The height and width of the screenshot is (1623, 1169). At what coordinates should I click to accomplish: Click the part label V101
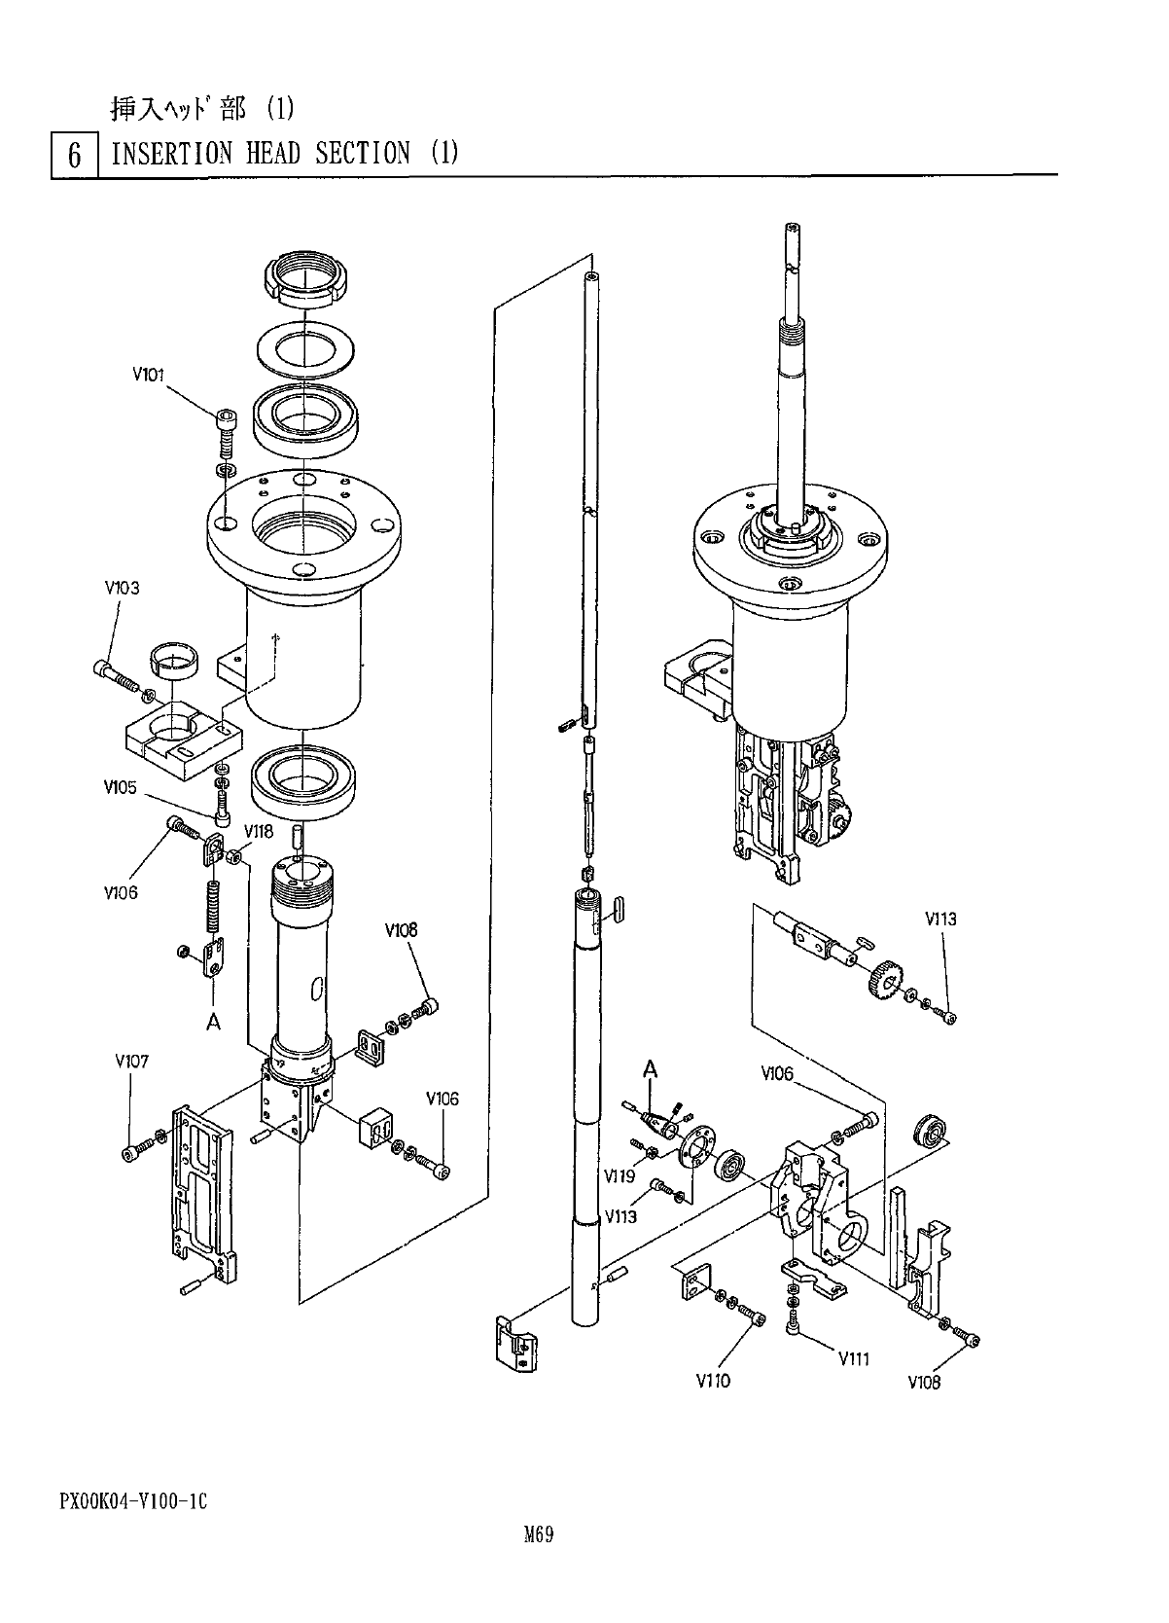(148, 375)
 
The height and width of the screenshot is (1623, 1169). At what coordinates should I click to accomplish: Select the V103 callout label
(123, 588)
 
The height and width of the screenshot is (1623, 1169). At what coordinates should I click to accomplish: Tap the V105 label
(120, 787)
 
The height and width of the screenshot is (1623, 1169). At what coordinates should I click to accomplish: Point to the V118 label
(259, 831)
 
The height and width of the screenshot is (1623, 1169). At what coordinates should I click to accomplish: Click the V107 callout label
(132, 1062)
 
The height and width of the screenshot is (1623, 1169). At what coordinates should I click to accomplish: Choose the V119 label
(620, 1176)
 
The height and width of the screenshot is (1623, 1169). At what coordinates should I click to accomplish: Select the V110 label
(714, 1381)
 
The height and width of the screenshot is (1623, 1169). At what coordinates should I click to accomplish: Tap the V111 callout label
(854, 1359)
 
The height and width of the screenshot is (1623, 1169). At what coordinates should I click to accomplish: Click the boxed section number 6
(75, 155)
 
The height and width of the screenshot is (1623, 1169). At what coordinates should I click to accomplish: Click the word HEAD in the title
(273, 154)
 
